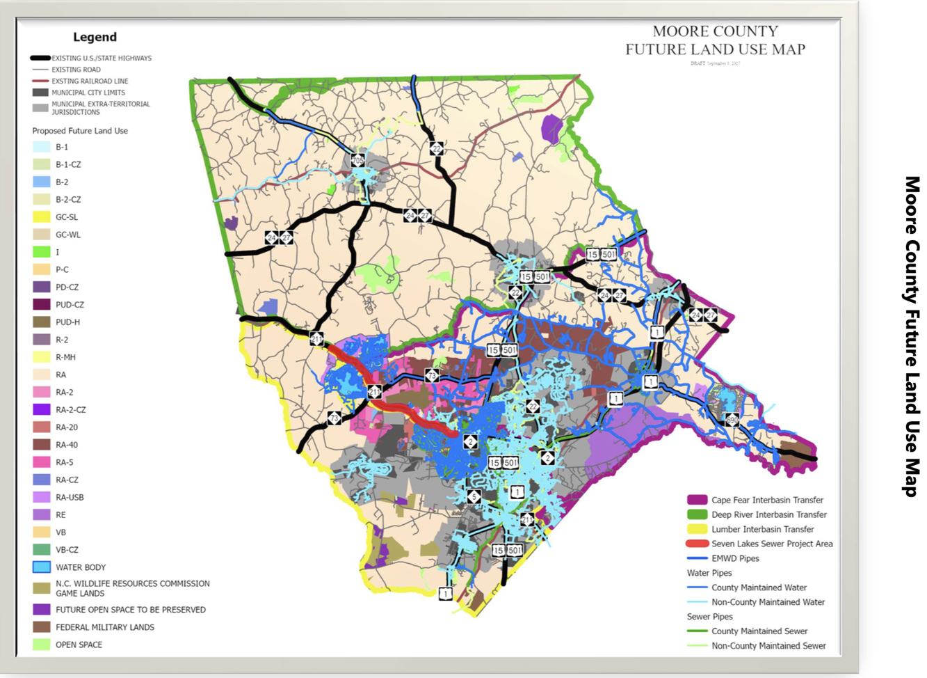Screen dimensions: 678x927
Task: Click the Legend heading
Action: pos(95,37)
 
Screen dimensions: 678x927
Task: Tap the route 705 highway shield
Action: pos(357,161)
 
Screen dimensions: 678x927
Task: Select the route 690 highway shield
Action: pos(732,419)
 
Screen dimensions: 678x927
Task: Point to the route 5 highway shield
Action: pos(474,496)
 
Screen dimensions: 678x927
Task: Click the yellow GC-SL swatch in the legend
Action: pos(42,217)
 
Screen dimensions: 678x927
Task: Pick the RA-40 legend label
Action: pos(67,445)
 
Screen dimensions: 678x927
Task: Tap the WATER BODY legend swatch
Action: pos(42,567)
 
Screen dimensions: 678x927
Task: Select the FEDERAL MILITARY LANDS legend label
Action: pos(104,627)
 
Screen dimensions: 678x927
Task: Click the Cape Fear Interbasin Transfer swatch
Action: pos(697,500)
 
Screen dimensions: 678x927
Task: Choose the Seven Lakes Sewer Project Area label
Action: pos(771,544)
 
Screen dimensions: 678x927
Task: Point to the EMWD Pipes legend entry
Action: pos(735,558)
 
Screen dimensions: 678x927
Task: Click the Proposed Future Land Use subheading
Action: pos(80,131)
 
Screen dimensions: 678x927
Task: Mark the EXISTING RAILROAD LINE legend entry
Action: pos(90,81)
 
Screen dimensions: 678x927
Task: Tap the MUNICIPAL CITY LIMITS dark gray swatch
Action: pos(40,93)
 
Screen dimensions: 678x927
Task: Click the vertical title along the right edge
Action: pos(912,336)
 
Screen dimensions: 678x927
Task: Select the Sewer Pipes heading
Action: pos(709,617)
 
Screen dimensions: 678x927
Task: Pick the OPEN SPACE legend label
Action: pos(79,645)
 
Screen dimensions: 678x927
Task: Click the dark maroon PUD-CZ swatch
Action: pos(42,304)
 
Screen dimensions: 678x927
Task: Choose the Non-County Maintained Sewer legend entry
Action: pos(768,646)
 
